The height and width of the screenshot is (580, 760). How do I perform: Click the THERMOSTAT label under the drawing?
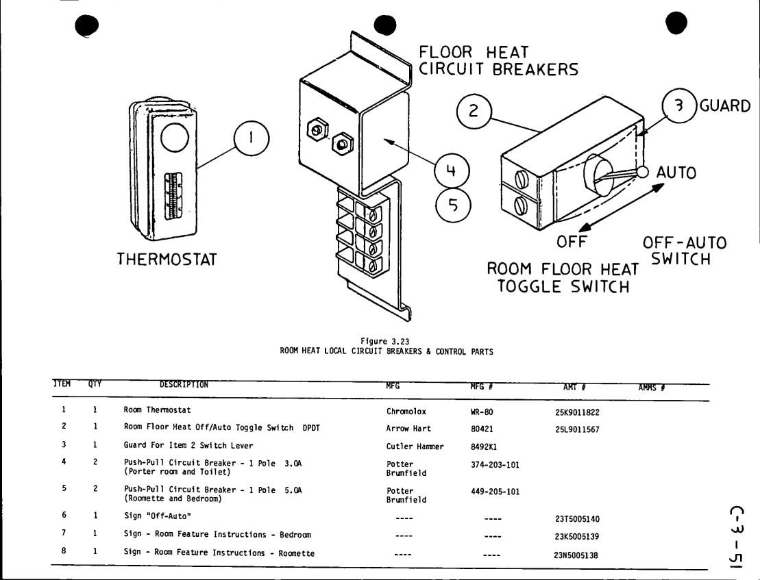[167, 260]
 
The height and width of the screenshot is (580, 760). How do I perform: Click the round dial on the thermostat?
[174, 138]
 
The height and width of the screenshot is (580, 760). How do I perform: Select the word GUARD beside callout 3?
[724, 106]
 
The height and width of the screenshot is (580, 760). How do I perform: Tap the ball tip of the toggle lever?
[642, 172]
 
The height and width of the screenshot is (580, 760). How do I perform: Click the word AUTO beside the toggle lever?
[676, 173]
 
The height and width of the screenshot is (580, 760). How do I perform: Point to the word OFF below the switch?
[572, 242]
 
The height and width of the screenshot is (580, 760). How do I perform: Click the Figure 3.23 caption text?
[385, 341]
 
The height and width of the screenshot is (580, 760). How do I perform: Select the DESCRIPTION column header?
[184, 384]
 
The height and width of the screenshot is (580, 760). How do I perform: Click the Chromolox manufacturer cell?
[406, 412]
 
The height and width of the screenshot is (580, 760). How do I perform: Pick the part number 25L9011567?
[577, 429]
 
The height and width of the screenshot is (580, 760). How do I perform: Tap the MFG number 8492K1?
[484, 447]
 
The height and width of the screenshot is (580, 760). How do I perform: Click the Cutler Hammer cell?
[415, 446]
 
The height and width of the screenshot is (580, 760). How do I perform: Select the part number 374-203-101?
[495, 465]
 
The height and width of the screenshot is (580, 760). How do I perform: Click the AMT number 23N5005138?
[576, 555]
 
